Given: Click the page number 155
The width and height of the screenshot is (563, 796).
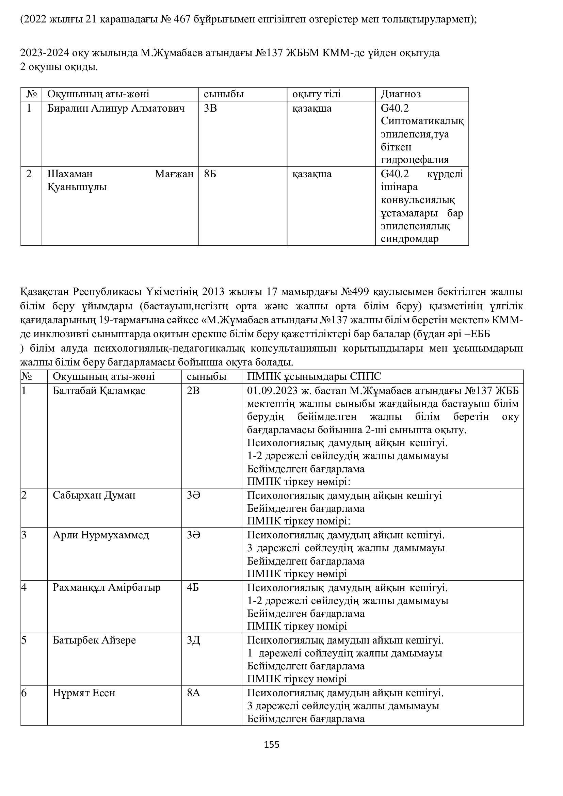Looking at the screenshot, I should click(271, 744).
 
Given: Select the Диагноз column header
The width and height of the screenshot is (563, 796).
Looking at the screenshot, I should click(401, 94).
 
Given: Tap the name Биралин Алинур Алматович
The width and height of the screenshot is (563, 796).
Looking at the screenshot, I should click(116, 109).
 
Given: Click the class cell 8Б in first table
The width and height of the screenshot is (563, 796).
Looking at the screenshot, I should click(210, 174).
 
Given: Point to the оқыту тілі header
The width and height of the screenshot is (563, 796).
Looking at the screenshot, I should click(317, 94).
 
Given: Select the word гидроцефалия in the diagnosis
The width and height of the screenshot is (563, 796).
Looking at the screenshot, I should click(415, 160).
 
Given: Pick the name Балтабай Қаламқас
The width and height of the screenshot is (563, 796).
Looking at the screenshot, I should click(99, 391).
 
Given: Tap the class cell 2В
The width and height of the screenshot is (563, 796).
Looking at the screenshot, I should click(193, 391).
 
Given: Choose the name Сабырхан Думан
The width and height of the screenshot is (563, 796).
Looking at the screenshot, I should click(94, 495).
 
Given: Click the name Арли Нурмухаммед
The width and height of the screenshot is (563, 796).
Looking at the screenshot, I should click(101, 535).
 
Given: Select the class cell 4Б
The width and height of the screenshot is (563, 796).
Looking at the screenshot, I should click(193, 588).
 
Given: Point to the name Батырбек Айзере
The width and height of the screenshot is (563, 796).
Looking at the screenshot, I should click(94, 640).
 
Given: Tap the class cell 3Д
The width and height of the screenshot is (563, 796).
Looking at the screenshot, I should click(193, 640).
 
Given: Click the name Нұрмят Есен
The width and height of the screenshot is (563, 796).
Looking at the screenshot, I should click(84, 693).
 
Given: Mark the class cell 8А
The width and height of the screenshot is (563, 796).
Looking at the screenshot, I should click(193, 693).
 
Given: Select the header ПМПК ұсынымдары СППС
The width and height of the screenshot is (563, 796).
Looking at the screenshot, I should click(314, 376).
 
